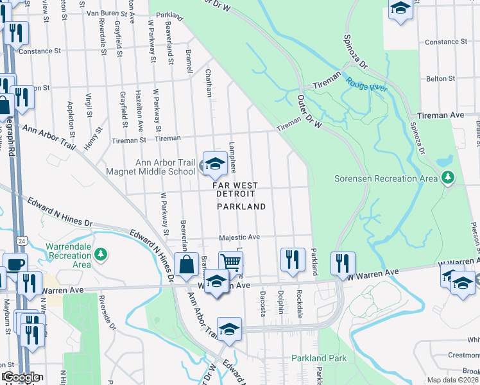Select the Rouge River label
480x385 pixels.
(x=367, y=84)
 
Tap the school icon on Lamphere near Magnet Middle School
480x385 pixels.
(x=215, y=163)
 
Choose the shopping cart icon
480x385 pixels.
(x=230, y=262)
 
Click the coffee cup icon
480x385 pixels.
(x=15, y=263)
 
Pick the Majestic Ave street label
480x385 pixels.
(x=239, y=237)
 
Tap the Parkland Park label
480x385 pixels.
(x=319, y=358)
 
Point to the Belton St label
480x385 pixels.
(x=441, y=79)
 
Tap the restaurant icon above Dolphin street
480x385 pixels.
(x=292, y=259)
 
